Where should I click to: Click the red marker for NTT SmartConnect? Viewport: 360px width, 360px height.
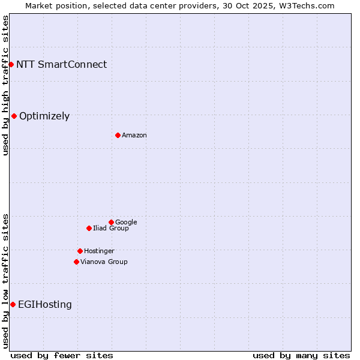11,64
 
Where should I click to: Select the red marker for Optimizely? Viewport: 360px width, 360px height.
14,116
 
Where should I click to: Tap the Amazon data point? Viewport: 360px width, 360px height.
118,135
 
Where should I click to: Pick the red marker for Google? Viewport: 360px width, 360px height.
111,222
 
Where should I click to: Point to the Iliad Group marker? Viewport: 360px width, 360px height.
89,228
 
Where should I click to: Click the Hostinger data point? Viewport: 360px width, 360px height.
80,251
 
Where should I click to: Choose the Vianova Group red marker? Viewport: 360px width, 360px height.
76,262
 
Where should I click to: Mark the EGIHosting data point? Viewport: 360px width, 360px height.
13,304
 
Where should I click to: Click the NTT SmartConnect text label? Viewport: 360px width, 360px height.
61,64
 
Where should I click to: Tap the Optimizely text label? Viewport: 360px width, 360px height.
44,116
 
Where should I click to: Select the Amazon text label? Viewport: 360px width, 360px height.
134,136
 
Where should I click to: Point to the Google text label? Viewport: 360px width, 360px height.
126,222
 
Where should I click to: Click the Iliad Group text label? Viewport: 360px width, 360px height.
111,228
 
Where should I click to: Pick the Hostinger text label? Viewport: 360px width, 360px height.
99,251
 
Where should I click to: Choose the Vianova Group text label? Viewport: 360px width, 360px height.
104,262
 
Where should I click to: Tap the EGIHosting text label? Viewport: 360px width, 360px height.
45,305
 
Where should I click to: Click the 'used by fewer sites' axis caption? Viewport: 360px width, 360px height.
62,355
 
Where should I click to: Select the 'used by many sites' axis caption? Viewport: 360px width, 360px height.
301,355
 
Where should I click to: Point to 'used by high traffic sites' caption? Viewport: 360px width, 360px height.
5,85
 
